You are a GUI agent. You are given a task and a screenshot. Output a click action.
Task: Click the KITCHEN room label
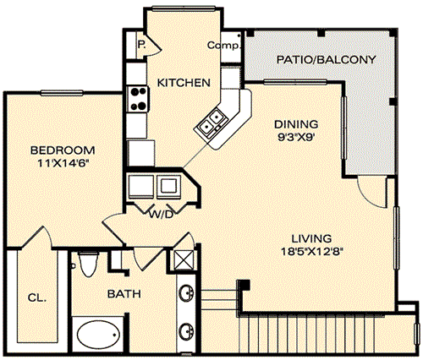pyautogui.click(x=184, y=83)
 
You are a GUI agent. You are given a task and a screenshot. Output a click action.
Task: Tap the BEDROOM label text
pyautogui.click(x=63, y=150)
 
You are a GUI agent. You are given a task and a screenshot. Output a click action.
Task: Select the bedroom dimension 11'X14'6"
pyautogui.click(x=63, y=163)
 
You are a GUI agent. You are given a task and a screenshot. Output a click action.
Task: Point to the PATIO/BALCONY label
pyautogui.click(x=326, y=60)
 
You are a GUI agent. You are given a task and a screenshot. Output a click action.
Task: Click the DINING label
pyautogui.click(x=296, y=124)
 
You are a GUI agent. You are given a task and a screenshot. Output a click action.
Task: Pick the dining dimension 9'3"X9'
pyautogui.click(x=296, y=138)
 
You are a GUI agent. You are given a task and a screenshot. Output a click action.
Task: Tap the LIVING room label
pyautogui.click(x=311, y=239)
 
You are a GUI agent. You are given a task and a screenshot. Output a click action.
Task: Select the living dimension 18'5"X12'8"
pyautogui.click(x=312, y=251)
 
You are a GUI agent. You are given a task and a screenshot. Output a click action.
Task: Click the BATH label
pyautogui.click(x=124, y=294)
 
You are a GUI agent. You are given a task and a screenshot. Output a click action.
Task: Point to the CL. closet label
pyautogui.click(x=37, y=297)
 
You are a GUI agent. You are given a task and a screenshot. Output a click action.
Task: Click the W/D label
pyautogui.click(x=161, y=215)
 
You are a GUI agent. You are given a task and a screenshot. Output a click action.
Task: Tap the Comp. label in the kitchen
pyautogui.click(x=223, y=45)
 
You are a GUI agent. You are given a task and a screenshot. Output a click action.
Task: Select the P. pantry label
pyautogui.click(x=141, y=44)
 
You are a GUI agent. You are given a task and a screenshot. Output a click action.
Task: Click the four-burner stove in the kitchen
pyautogui.click(x=137, y=99)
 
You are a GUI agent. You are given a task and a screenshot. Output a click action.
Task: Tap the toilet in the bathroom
pyautogui.click(x=89, y=264)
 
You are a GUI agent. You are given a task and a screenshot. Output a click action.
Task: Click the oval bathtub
pyautogui.click(x=98, y=334)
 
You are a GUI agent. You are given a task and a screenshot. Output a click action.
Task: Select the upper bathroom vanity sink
pyautogui.click(x=186, y=293)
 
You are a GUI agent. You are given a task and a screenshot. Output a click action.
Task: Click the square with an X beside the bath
pyautogui.click(x=184, y=259)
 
